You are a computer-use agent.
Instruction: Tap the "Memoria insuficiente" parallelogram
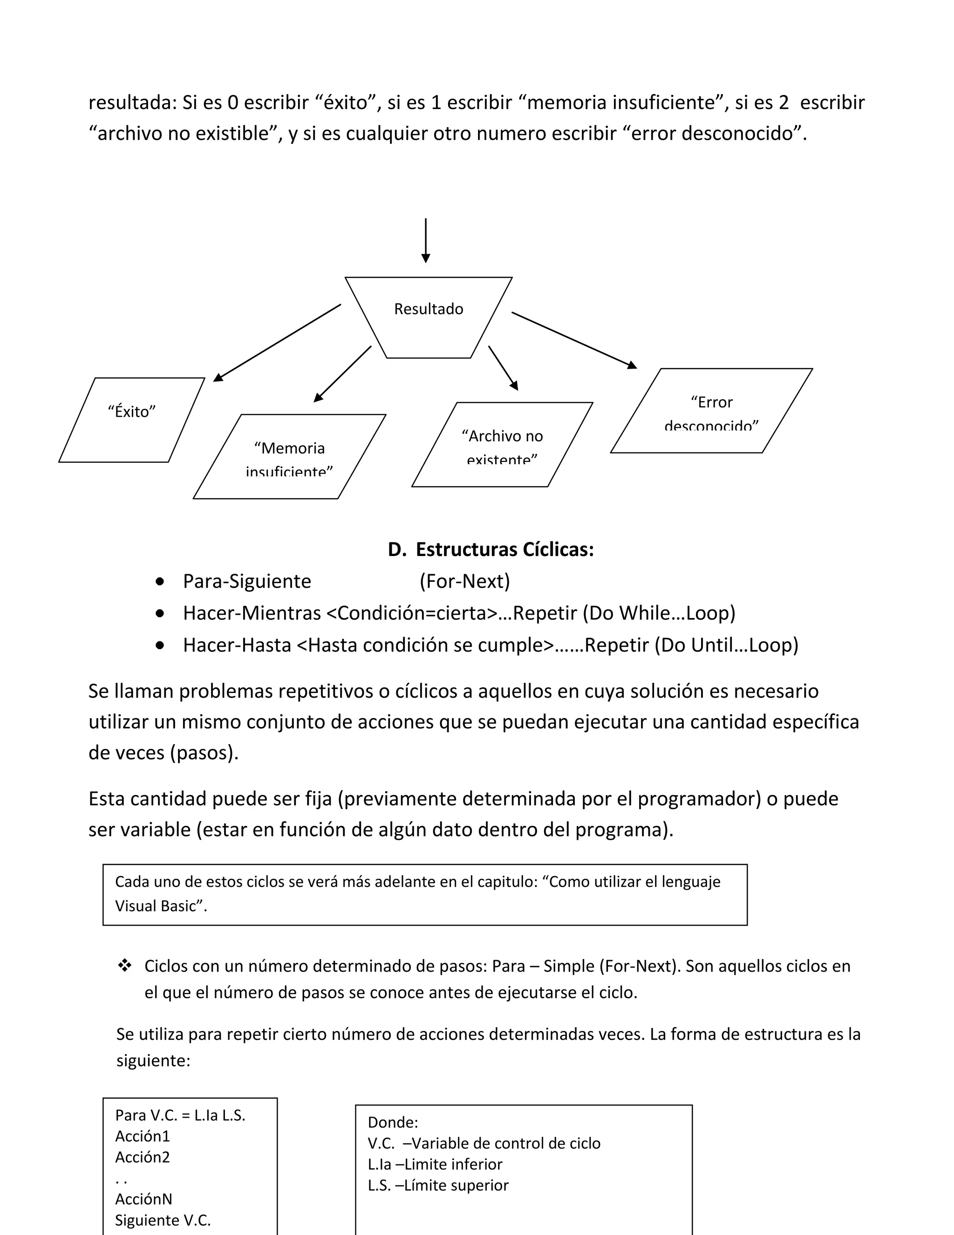point(289,456)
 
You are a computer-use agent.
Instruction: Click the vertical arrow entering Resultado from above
point(426,240)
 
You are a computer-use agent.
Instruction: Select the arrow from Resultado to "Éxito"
point(277,343)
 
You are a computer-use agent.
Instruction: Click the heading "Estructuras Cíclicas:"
point(504,549)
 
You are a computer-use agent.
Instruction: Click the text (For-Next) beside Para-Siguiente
point(464,581)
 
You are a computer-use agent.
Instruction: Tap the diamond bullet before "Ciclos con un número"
point(125,966)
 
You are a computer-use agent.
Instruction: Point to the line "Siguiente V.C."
point(163,1220)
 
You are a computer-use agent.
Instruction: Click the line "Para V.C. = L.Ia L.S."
point(180,1115)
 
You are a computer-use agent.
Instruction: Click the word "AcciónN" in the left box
point(143,1199)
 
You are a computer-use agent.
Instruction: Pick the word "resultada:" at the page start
point(133,103)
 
